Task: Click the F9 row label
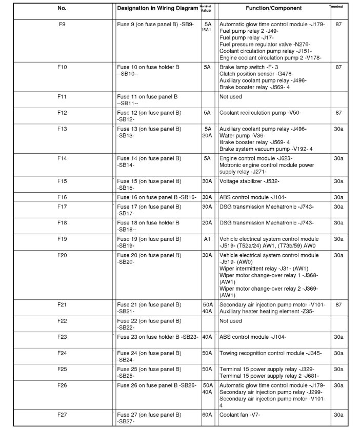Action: tap(62, 24)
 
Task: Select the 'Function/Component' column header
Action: tap(273, 8)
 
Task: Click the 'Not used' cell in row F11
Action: tap(230, 96)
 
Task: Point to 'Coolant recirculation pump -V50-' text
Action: tap(260, 112)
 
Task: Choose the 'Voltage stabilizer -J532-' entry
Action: tap(249, 181)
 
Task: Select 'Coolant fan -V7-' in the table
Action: tap(239, 415)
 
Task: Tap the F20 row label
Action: tap(62, 255)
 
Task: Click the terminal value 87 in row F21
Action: tap(338, 304)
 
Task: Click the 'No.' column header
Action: tap(62, 8)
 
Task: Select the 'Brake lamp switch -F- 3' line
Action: tap(249, 67)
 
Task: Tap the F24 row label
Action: tap(62, 353)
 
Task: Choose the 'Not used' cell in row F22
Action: tap(230, 321)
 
